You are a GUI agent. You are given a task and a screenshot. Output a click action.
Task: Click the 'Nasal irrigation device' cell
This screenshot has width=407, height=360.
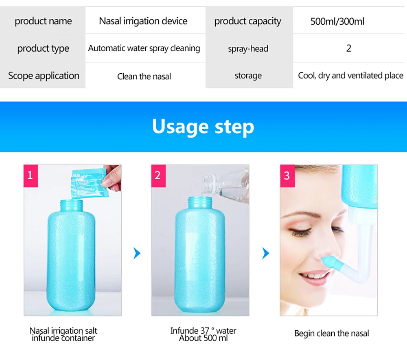pyautogui.click(x=143, y=21)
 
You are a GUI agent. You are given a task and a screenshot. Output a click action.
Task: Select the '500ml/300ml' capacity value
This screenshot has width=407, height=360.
pyautogui.click(x=337, y=21)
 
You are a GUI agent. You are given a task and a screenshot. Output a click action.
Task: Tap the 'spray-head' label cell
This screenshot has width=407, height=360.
pyautogui.click(x=248, y=49)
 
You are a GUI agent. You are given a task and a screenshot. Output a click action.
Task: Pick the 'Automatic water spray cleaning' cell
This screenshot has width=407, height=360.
pyautogui.click(x=144, y=48)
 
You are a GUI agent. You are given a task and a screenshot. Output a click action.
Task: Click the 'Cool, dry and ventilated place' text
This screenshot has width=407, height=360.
pyautogui.click(x=350, y=76)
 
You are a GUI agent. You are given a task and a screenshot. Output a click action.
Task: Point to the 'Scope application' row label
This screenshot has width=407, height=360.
pyautogui.click(x=44, y=76)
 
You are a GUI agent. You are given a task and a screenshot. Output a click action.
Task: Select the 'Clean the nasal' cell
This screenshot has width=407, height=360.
pyautogui.click(x=144, y=76)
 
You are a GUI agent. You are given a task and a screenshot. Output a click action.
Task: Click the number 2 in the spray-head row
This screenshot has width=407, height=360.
pyautogui.click(x=348, y=48)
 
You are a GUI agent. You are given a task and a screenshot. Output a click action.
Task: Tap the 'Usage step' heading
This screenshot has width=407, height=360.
pyautogui.click(x=203, y=126)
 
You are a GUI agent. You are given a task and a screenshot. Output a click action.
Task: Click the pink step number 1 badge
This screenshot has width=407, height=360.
pyautogui.click(x=30, y=176)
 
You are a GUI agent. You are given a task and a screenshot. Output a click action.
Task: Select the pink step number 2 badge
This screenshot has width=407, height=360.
pyautogui.click(x=158, y=176)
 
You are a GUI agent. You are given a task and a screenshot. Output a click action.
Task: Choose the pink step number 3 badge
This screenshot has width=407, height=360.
pyautogui.click(x=287, y=176)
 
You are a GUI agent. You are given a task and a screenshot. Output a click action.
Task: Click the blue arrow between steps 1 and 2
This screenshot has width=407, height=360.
pyautogui.click(x=137, y=254)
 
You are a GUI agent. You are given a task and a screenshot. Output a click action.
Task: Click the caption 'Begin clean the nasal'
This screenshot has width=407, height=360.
pyautogui.click(x=331, y=334)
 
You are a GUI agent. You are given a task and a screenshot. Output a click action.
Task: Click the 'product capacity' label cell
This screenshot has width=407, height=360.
pyautogui.click(x=248, y=21)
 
